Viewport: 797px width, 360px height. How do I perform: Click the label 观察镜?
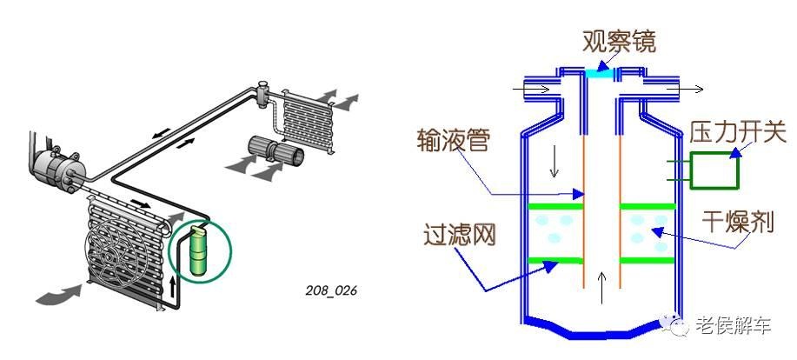click(618, 41)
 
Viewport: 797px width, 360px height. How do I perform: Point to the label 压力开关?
click(738, 133)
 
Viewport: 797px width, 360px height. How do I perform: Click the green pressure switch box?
click(714, 170)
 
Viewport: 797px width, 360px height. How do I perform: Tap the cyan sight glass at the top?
click(600, 74)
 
